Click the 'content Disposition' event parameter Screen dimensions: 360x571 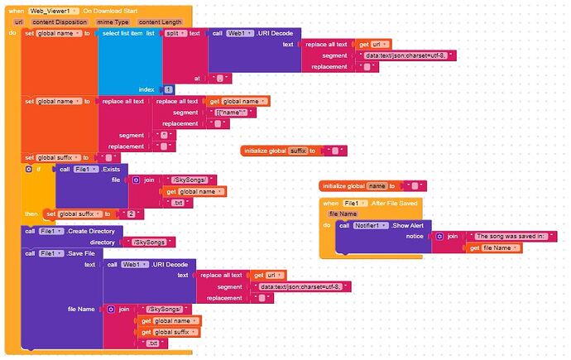pyautogui.click(x=60, y=22)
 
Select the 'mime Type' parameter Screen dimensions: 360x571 pyautogui.click(x=110, y=22)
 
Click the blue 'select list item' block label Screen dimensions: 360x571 pyautogui.click(x=122, y=33)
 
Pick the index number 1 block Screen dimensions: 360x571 pyautogui.click(x=168, y=89)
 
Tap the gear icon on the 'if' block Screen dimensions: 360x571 pyautogui.click(x=29, y=169)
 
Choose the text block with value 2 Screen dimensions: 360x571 pyautogui.click(x=130, y=214)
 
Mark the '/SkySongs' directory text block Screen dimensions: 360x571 pyautogui.click(x=149, y=242)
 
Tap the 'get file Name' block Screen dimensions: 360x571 pyautogui.click(x=494, y=247)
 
